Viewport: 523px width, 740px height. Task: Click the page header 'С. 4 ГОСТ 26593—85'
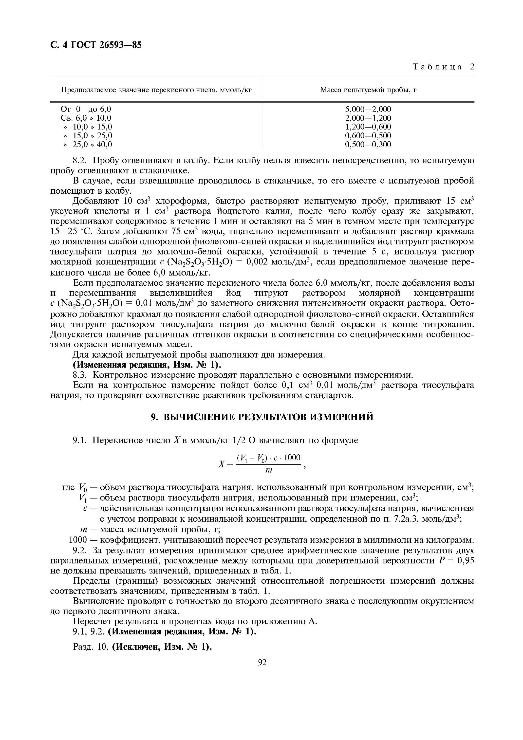pos(96,45)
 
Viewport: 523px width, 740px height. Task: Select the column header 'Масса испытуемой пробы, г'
pos(368,90)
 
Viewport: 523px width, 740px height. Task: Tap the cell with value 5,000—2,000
pos(368,109)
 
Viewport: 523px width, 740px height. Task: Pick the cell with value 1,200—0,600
pos(368,127)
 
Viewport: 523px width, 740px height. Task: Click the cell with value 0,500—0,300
pos(368,144)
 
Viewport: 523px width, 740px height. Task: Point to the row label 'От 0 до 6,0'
pos(86,109)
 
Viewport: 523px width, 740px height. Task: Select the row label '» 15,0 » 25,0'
pos(88,136)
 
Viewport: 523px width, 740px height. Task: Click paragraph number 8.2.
pos(81,161)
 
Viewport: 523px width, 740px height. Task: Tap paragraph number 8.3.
pos(81,375)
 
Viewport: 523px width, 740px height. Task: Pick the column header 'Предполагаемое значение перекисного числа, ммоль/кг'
pos(156,90)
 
